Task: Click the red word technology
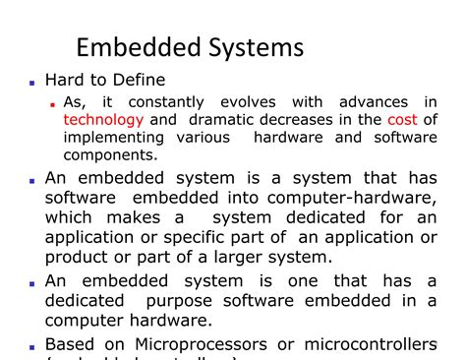tap(102, 119)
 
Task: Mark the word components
tap(110, 154)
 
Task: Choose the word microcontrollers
tap(377, 344)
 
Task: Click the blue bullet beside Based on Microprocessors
tap(32, 346)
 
